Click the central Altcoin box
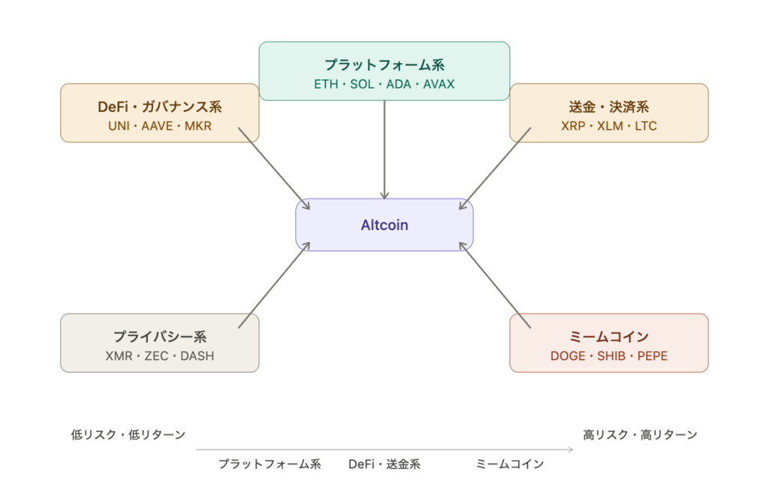point(384,225)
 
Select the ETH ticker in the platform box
point(326,84)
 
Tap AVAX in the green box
point(439,84)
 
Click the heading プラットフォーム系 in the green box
point(384,65)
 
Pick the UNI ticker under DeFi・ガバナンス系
point(119,126)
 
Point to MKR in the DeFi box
point(198,126)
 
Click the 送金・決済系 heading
point(609,107)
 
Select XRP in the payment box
point(574,126)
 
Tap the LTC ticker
point(646,126)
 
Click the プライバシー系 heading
point(160,337)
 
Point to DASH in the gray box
point(198,356)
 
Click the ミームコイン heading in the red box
point(609,337)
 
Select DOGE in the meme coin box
point(568,356)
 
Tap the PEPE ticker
point(652,356)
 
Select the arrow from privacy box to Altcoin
point(273,288)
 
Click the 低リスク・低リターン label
point(128,434)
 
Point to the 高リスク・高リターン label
point(641,434)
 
